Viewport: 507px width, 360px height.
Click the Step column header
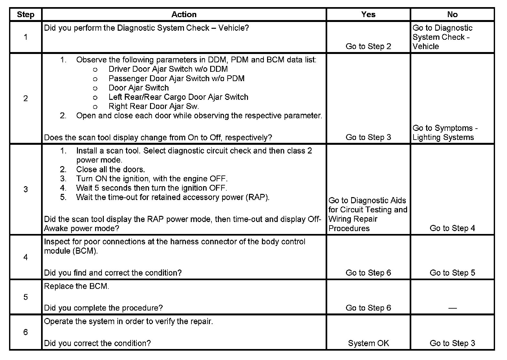26,15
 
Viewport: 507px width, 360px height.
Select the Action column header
184,15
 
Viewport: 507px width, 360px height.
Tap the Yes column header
368,15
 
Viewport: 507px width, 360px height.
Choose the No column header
452,15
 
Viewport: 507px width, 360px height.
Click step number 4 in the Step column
26,257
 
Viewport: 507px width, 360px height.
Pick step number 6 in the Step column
26,332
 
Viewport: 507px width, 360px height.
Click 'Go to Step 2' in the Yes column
368,46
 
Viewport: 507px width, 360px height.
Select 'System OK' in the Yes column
368,343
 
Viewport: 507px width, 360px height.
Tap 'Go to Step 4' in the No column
452,228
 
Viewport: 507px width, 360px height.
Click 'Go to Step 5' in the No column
452,273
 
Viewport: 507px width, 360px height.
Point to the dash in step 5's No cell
452,308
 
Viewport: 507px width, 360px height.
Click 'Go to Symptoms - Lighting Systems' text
445,133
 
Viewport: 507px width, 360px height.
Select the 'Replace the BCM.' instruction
77,286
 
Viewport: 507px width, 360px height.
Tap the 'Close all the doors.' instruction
111,169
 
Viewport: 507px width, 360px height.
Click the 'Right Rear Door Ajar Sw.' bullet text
154,106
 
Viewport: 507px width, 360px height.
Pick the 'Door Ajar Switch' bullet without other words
139,88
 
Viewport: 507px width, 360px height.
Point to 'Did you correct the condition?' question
97,343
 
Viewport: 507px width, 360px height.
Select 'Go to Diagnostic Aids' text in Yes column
367,200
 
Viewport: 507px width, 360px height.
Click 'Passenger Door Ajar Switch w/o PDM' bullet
177,79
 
